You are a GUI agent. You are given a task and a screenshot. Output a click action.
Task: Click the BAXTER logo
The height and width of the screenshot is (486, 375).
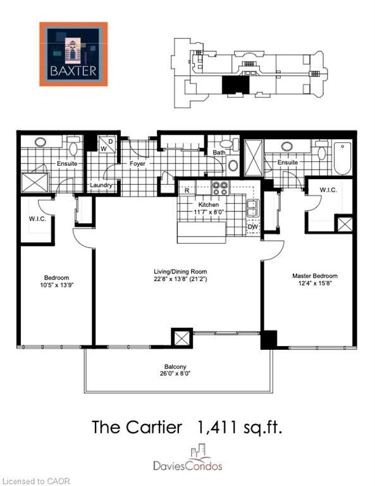tap(73, 54)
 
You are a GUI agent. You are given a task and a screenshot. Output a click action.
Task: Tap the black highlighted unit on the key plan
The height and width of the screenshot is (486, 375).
tap(236, 85)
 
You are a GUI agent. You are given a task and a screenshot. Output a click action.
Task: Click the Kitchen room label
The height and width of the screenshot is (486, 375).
tap(209, 204)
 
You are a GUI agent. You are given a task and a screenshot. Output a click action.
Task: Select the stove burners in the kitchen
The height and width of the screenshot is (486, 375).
tap(220, 189)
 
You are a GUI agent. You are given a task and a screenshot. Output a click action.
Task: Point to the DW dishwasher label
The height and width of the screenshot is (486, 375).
tap(253, 227)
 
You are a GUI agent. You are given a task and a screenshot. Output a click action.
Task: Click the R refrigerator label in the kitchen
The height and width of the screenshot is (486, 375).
tap(187, 190)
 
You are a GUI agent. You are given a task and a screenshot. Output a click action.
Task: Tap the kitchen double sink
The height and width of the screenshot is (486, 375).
tap(253, 208)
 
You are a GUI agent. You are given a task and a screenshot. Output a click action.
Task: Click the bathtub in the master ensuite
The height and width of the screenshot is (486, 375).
tap(343, 158)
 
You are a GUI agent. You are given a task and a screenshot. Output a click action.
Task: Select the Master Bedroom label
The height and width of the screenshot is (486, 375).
tap(315, 276)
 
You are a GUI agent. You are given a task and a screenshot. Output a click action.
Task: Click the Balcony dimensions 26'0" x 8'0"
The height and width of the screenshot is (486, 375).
tap(175, 373)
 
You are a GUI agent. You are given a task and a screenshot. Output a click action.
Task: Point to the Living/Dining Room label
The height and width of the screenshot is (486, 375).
tap(180, 271)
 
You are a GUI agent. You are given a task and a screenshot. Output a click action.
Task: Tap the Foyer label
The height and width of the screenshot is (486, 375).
tap(137, 163)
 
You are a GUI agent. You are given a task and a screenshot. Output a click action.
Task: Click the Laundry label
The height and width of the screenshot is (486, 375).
tap(101, 185)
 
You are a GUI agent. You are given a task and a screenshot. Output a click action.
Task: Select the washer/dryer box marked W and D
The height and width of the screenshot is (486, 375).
tap(107, 144)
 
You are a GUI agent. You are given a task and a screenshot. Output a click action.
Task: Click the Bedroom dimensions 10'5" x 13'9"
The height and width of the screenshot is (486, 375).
tap(56, 285)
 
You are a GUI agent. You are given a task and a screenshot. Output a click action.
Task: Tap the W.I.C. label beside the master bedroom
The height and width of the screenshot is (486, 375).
tap(329, 190)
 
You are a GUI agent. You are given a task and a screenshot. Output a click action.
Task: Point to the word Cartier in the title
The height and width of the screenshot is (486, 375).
tap(154, 427)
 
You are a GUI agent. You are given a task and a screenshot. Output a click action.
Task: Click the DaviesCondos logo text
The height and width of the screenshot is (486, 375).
tap(188, 466)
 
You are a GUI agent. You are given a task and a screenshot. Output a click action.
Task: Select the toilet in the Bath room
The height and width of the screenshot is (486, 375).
tap(228, 144)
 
